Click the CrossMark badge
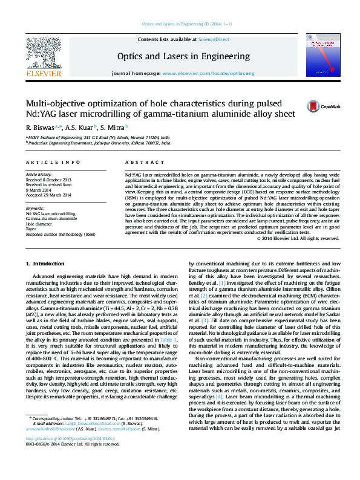pyautogui.click(x=328, y=106)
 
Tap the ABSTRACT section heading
pyautogui.click(x=140, y=163)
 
